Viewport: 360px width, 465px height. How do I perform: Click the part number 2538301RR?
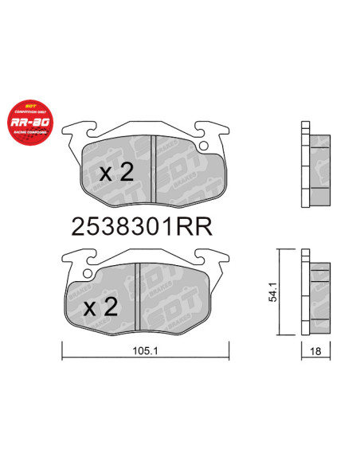tap(141, 226)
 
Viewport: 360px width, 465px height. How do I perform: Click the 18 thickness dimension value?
tap(316, 351)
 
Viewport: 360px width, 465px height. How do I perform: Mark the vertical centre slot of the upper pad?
tap(152, 168)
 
